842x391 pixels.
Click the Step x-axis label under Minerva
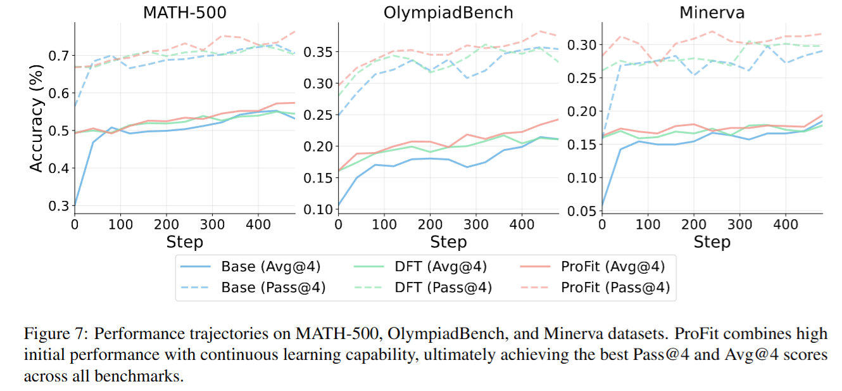712,242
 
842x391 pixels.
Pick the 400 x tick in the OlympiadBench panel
522,224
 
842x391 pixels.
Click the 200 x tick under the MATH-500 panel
167,224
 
